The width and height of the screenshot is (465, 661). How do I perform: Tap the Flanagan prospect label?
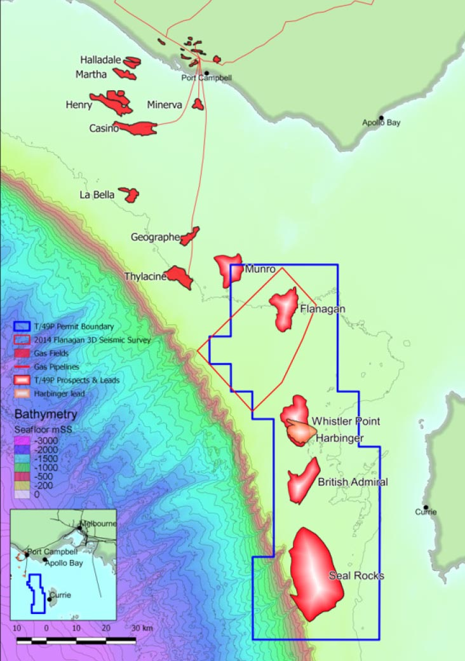click(322, 309)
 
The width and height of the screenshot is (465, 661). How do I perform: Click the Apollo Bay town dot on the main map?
click(381, 118)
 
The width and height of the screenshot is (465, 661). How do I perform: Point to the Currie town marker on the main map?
click(426, 507)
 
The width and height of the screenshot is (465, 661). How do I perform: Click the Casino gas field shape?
click(137, 128)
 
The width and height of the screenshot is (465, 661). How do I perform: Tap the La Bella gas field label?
click(97, 194)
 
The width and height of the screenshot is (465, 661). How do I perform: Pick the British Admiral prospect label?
click(353, 482)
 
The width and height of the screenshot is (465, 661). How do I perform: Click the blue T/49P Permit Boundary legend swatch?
click(22, 326)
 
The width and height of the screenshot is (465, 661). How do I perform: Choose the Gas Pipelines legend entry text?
click(55, 366)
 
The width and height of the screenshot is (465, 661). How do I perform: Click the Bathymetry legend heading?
click(46, 414)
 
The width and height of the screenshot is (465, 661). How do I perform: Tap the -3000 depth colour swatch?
click(22, 440)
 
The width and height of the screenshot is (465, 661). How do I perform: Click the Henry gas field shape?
click(113, 102)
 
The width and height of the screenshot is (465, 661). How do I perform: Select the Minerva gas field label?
click(165, 104)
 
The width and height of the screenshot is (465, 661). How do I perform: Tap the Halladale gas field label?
click(100, 60)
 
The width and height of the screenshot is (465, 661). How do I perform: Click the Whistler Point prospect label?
click(346, 421)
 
